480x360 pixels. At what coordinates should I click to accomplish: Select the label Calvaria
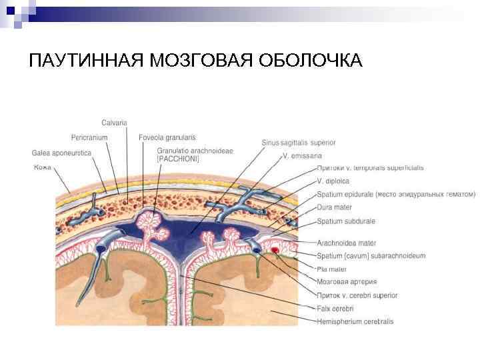click(x=114, y=122)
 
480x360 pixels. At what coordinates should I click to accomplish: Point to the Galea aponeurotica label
click(x=62, y=153)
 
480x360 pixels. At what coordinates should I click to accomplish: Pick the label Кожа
click(x=43, y=167)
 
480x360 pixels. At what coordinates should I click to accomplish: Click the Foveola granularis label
click(x=167, y=137)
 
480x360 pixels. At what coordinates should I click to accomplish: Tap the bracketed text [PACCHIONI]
click(x=178, y=159)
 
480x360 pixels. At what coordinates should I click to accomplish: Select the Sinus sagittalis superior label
click(x=298, y=142)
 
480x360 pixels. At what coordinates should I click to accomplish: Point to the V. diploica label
click(x=333, y=181)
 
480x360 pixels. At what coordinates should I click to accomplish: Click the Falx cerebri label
click(x=335, y=309)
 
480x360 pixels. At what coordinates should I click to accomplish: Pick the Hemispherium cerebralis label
click(x=355, y=321)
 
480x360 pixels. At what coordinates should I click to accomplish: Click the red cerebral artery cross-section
click(x=274, y=251)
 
